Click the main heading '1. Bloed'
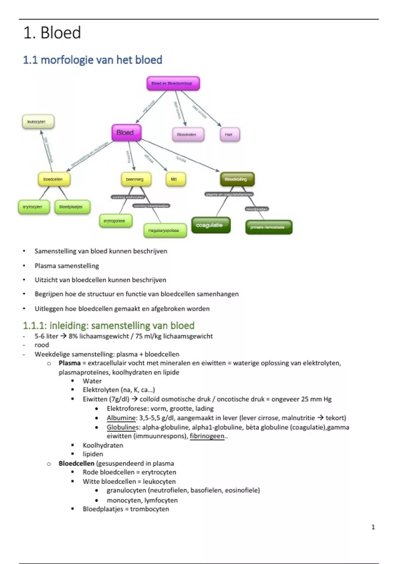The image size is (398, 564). [x=52, y=33]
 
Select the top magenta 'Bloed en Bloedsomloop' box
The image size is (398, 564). [x=173, y=83]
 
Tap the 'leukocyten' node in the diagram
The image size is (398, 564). [x=38, y=122]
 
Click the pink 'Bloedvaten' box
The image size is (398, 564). [x=188, y=135]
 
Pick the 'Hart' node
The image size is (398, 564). [x=230, y=135]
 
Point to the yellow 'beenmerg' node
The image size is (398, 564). [x=136, y=179]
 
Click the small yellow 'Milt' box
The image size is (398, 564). [x=175, y=179]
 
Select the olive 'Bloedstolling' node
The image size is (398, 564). [x=237, y=179]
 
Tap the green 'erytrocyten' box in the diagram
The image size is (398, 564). [x=34, y=207]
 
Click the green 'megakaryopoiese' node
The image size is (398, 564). [x=165, y=231]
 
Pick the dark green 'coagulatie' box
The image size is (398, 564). [x=211, y=225]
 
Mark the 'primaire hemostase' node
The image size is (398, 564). [x=269, y=227]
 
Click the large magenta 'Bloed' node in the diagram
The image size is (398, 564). [x=126, y=133]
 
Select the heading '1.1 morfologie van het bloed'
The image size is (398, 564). [x=93, y=60]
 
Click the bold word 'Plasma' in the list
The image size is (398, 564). [x=70, y=363]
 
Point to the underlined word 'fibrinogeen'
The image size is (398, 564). [x=207, y=436]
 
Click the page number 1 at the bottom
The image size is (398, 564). [x=373, y=527]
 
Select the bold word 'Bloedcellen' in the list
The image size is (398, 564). [x=76, y=463]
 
